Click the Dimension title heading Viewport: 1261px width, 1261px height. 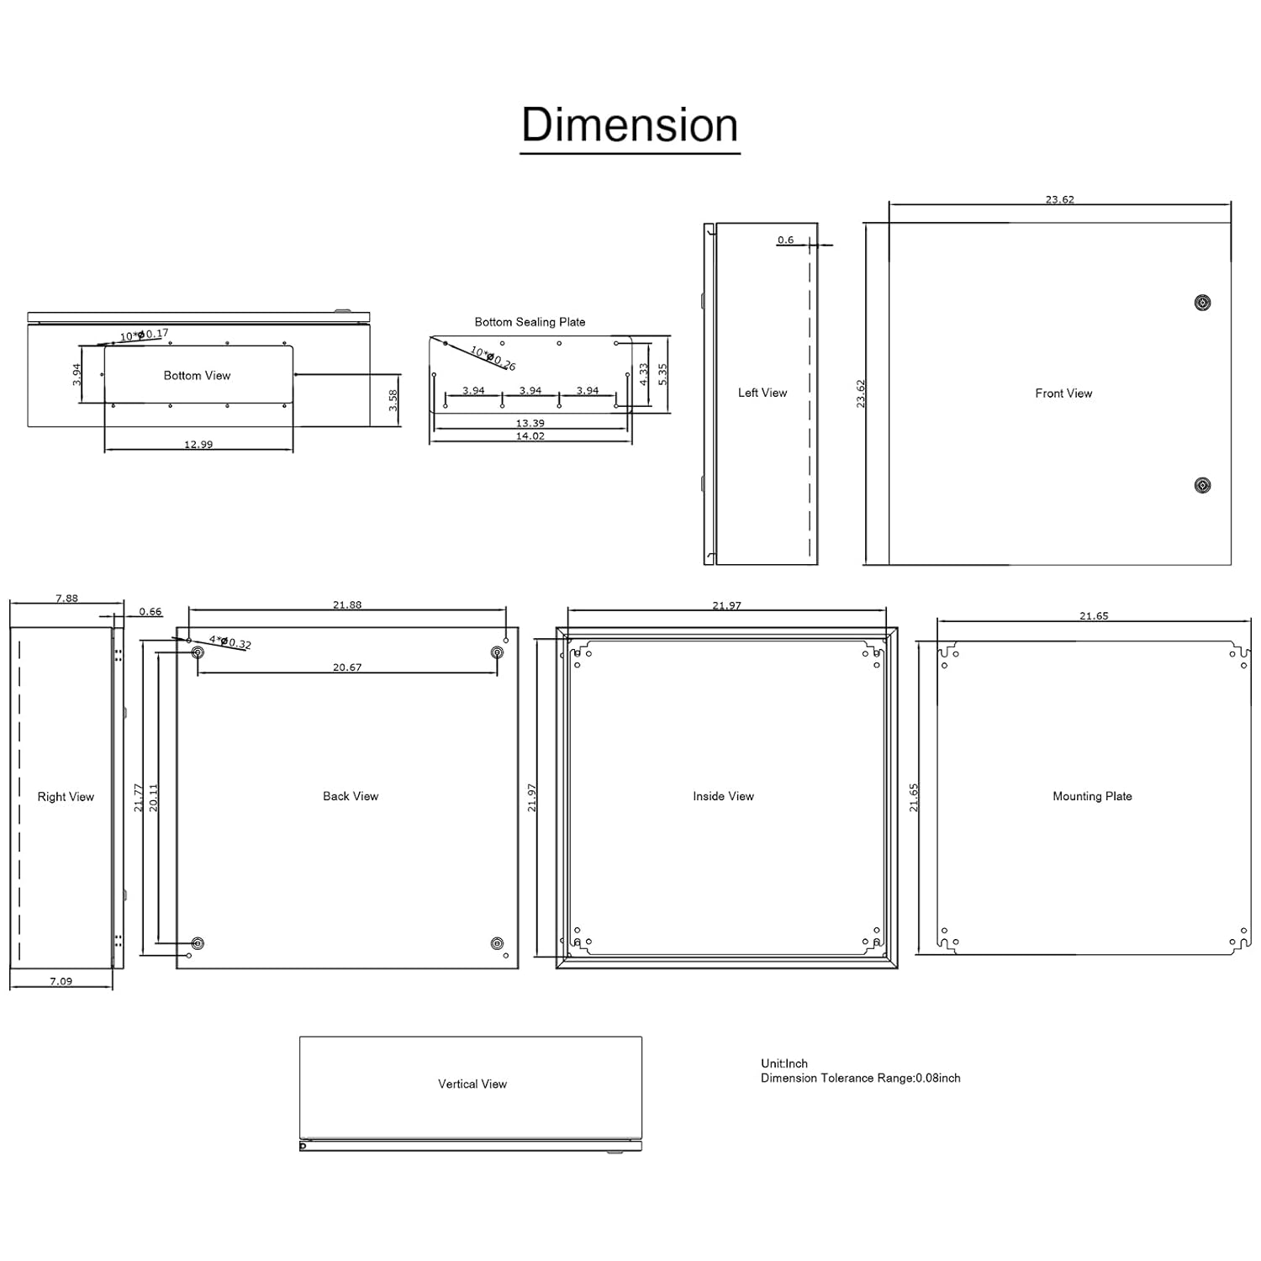tap(630, 125)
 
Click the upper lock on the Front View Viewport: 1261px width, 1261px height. tap(1202, 303)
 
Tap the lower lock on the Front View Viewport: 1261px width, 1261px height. tap(1202, 485)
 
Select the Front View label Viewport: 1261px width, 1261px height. tap(1063, 393)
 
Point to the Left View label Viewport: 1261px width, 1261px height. tap(762, 393)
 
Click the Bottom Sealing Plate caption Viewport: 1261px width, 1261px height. tap(530, 322)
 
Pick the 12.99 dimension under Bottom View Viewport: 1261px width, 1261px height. tap(198, 445)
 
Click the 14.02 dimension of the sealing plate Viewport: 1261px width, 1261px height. tap(530, 436)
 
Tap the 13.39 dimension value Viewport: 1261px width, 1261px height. tap(530, 424)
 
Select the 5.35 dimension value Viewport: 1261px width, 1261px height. tap(662, 375)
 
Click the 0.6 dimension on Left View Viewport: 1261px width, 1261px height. tap(785, 240)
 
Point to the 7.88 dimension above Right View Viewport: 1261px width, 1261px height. tap(66, 599)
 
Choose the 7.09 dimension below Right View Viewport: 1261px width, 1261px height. tap(61, 981)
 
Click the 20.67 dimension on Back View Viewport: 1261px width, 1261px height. tap(347, 667)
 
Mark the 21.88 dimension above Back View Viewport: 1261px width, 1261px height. tap(347, 605)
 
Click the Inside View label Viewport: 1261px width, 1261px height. tap(723, 796)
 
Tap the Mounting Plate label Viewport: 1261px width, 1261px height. tap(1092, 796)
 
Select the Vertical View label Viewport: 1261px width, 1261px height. tap(472, 1084)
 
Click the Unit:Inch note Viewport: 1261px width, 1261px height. tap(784, 1063)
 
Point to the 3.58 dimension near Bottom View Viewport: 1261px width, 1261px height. tap(393, 400)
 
